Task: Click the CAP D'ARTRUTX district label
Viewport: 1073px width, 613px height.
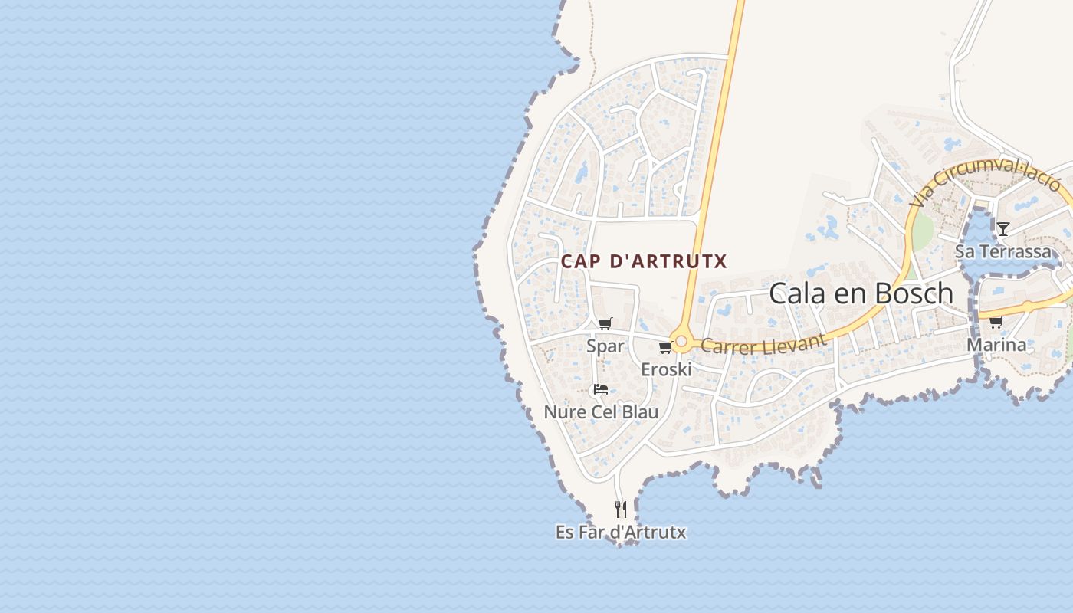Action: [x=643, y=261]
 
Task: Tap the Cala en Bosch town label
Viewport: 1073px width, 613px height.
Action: [x=861, y=293]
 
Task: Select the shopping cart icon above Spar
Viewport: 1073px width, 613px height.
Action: [x=605, y=323]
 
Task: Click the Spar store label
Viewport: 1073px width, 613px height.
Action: [x=605, y=346]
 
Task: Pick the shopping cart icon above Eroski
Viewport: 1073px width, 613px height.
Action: [x=665, y=348]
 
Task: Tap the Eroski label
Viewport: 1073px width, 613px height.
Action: [x=666, y=369]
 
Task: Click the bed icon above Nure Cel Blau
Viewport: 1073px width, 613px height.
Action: [x=601, y=389]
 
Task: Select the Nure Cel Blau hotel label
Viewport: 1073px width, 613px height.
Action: [x=601, y=412]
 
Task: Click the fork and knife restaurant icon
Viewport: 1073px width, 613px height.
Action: [x=621, y=509]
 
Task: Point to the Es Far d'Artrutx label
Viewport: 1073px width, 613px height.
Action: [x=621, y=532]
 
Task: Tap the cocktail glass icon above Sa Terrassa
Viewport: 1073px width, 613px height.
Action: [x=1002, y=228]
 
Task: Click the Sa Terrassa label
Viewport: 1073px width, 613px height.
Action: [x=1003, y=251]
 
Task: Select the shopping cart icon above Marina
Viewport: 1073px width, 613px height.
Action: [x=996, y=322]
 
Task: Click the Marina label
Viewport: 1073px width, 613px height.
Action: [x=996, y=345]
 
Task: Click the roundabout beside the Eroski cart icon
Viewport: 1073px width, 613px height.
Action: [x=681, y=340]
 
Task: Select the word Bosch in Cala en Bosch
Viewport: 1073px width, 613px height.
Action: [x=915, y=293]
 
